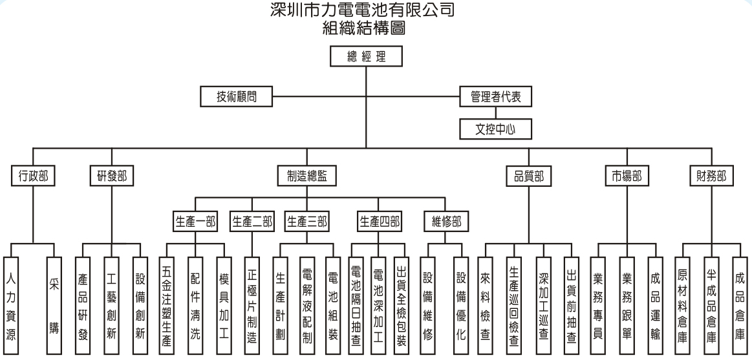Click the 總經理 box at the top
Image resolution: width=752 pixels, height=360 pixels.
367,56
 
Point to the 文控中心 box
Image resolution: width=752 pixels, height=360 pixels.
496,128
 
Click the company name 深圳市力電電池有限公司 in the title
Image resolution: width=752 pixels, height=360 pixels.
367,11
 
